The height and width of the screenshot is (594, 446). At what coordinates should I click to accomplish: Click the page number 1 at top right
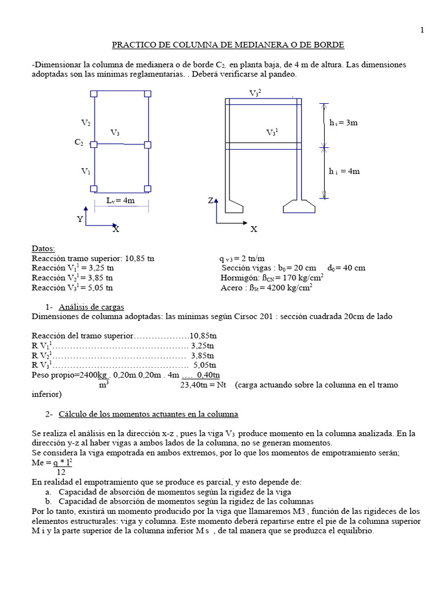pyautogui.click(x=422, y=31)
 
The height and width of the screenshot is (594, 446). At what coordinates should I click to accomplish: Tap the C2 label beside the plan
pyautogui.click(x=79, y=143)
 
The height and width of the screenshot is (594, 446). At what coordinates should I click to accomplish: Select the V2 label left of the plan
pyautogui.click(x=85, y=123)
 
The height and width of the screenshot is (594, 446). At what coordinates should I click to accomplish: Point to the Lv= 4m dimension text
pyautogui.click(x=121, y=200)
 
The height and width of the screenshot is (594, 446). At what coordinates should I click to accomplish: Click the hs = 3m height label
pyautogui.click(x=344, y=123)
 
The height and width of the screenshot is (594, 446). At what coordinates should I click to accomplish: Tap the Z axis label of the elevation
pyautogui.click(x=211, y=201)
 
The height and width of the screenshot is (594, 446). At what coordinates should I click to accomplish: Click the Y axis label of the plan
pyautogui.click(x=80, y=219)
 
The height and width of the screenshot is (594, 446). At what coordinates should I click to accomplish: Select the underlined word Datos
pyautogui.click(x=44, y=248)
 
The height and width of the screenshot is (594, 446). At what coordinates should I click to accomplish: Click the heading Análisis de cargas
pyautogui.click(x=91, y=307)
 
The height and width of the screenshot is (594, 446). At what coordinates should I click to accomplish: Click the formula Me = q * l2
pyautogui.click(x=52, y=463)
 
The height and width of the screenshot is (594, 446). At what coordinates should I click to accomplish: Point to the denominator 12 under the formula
pyautogui.click(x=60, y=473)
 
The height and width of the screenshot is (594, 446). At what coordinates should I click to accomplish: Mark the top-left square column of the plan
pyautogui.click(x=94, y=93)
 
